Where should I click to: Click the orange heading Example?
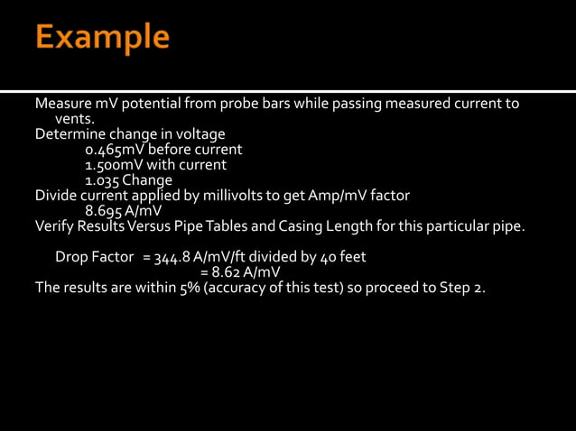[102, 38]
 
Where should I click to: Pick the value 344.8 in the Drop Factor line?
[174, 257]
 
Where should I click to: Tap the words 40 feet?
[343, 257]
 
